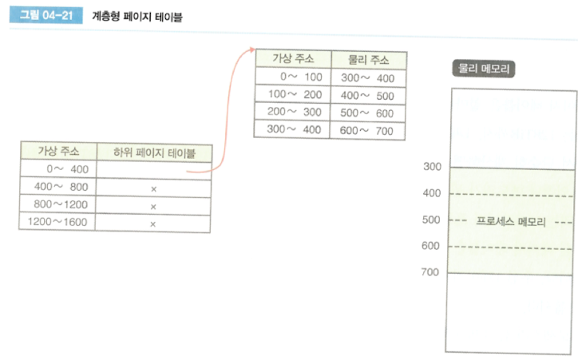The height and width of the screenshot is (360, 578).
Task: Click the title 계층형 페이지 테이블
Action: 144,16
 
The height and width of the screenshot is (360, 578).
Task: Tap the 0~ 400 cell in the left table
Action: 57,168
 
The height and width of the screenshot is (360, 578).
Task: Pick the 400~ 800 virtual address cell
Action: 57,187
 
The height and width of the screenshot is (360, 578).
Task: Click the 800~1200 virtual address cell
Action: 57,205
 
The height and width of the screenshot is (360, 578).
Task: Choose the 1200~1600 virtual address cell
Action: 57,224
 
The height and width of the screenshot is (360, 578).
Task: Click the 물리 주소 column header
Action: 367,60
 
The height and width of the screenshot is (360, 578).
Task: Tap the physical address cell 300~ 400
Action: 367,77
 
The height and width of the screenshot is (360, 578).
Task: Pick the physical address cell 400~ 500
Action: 367,95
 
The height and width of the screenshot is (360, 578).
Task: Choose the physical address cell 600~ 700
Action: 367,130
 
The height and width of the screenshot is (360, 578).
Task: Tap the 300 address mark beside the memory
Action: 432,167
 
